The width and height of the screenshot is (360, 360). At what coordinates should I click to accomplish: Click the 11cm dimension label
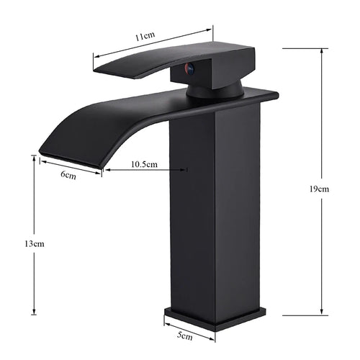pyautogui.click(x=145, y=35)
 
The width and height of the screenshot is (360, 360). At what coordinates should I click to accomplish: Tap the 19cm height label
pyautogui.click(x=318, y=189)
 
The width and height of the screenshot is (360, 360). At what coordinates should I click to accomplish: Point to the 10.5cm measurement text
pyautogui.click(x=145, y=164)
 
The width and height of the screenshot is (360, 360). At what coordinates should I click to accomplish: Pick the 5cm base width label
pyautogui.click(x=185, y=336)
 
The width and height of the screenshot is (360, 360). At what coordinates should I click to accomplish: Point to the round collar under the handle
pyautogui.click(x=214, y=90)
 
